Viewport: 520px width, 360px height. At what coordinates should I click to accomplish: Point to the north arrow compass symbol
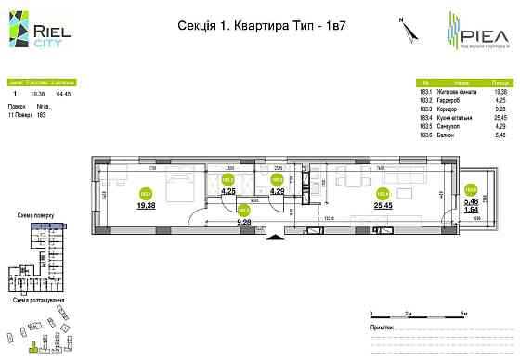coord(406,28)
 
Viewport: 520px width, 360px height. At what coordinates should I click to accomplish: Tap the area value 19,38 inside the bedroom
coord(146,207)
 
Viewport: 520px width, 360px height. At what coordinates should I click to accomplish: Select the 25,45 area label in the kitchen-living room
coord(381,207)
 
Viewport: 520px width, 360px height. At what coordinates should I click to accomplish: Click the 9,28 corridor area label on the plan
coord(245,222)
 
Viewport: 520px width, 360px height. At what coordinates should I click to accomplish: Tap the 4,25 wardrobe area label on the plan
coord(229,192)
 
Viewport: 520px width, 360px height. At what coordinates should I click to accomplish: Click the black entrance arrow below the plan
coord(273,238)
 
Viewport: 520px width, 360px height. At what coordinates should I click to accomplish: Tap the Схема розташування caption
coord(38,301)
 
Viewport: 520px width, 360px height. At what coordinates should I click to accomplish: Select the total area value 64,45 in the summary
coord(63,93)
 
